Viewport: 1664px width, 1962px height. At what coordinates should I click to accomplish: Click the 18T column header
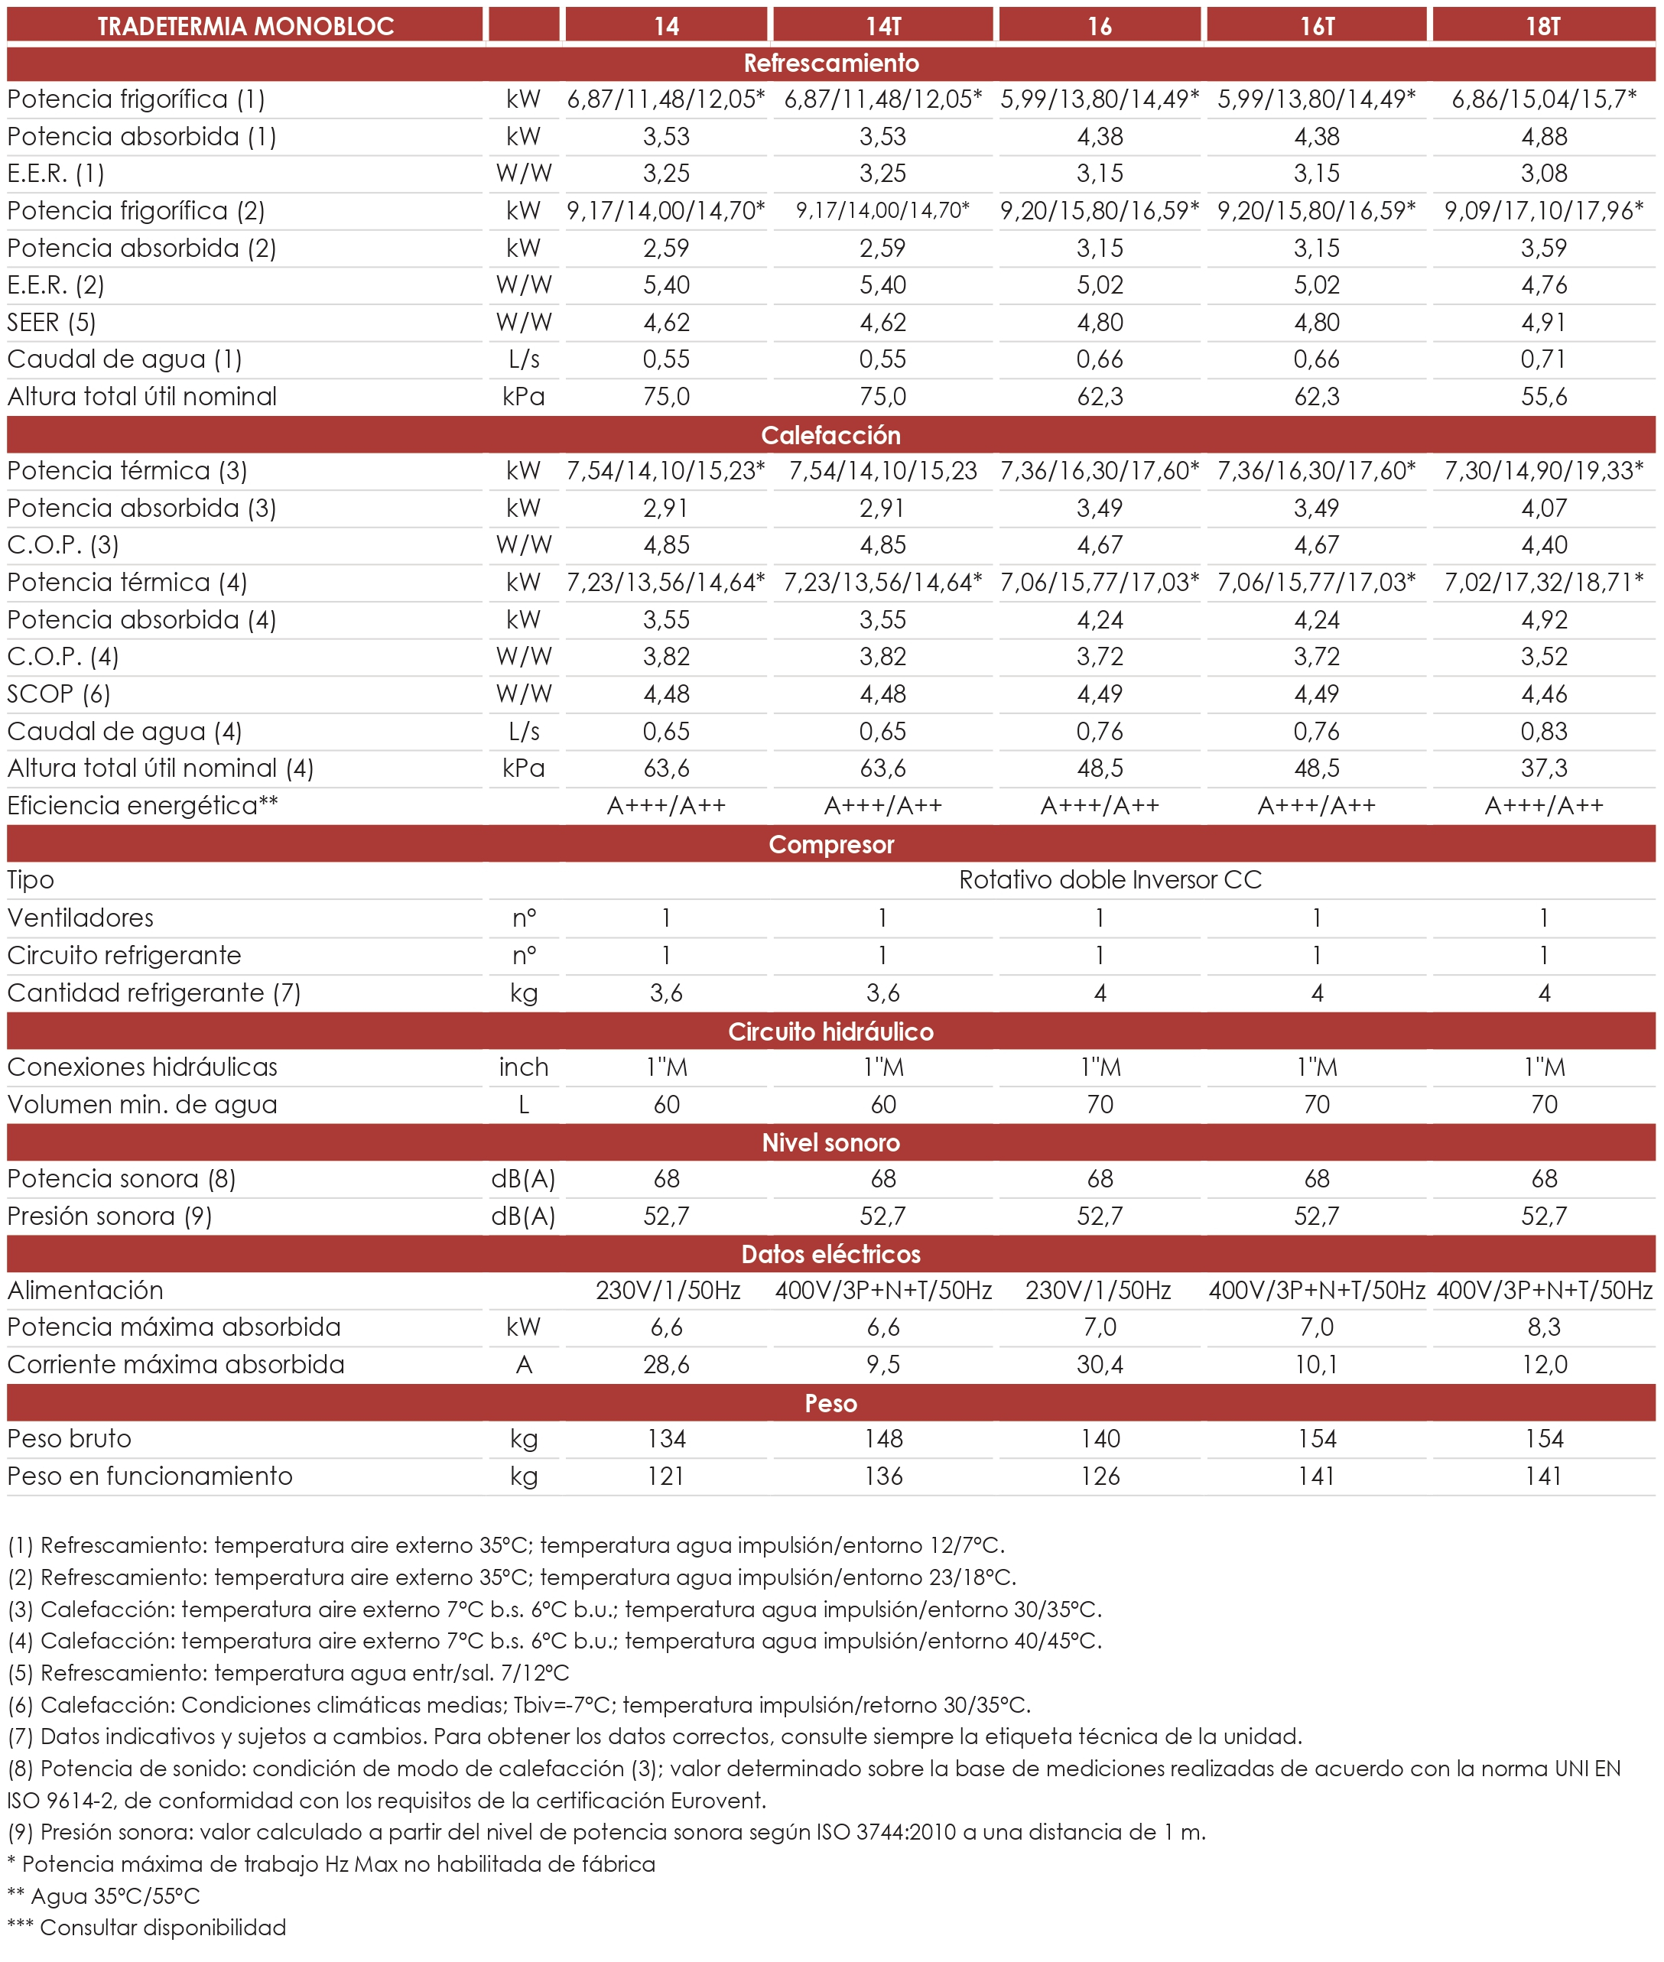1543,25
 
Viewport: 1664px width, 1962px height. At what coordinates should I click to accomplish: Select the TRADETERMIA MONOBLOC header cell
245,25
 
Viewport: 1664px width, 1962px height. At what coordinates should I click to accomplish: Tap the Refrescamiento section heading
831,63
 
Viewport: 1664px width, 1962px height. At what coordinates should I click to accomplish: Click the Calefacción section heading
831,435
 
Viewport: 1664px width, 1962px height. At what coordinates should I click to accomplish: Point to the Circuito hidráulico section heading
831,1031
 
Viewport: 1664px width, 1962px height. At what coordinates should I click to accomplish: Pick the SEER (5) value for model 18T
1543,323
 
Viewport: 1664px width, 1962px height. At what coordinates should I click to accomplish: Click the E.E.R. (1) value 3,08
1543,174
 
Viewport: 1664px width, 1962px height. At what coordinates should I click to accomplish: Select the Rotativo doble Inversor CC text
1110,880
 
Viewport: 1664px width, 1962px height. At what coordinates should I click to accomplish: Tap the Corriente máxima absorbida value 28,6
666,1364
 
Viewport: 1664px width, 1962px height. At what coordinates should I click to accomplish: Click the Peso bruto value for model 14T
883,1438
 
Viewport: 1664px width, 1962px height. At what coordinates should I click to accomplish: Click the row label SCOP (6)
58,694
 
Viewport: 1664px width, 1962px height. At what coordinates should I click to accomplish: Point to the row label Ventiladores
80,918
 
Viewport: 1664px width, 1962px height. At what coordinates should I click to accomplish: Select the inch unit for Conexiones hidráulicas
524,1067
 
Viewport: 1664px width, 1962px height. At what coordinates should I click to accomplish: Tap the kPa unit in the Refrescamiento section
524,396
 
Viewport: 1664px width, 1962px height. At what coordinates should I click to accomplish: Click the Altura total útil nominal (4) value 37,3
1543,768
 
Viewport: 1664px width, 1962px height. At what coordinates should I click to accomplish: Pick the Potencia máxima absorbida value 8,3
1543,1327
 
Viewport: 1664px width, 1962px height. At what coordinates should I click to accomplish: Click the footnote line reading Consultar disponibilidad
147,1927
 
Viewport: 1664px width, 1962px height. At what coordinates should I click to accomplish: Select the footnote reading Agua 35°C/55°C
104,1895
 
